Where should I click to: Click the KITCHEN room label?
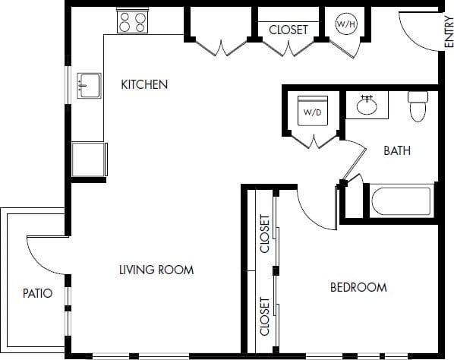tap(144, 84)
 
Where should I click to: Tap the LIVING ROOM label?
tap(156, 270)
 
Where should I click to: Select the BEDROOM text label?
tap(358, 287)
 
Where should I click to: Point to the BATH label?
tap(396, 150)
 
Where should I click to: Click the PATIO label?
tap(37, 293)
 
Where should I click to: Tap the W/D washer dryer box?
tap(312, 112)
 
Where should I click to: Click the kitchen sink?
tap(90, 85)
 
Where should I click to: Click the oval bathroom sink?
tap(367, 105)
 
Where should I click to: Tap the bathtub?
tap(401, 201)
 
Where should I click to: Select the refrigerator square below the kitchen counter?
tap(88, 159)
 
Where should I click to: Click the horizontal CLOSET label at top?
tap(288, 30)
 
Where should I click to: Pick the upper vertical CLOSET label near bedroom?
tap(265, 234)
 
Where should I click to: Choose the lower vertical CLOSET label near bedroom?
tap(265, 316)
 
